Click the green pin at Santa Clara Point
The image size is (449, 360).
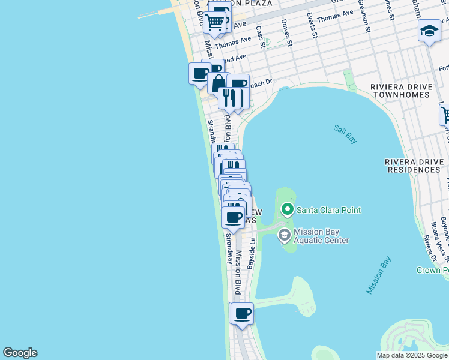(x=287, y=209)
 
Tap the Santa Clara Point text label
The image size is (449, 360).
(x=328, y=210)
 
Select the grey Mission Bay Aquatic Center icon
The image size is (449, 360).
(x=285, y=235)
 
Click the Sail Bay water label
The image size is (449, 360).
(x=345, y=134)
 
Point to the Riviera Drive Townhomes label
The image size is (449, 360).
(x=400, y=91)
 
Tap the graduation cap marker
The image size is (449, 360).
(x=429, y=31)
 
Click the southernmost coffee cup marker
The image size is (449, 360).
(x=243, y=314)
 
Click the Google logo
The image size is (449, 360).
(x=20, y=353)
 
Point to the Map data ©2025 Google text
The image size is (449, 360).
(x=412, y=355)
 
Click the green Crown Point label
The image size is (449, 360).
(x=432, y=270)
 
